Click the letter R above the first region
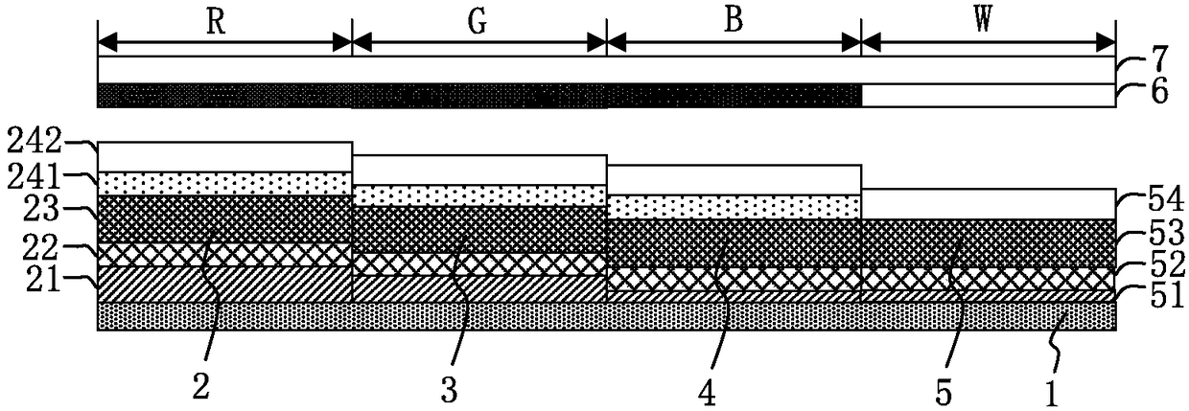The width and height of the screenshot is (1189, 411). click(216, 23)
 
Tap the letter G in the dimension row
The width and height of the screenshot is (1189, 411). click(478, 23)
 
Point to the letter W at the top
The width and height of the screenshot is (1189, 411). click(983, 21)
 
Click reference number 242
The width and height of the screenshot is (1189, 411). click(35, 142)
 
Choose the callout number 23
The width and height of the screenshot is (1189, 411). click(41, 210)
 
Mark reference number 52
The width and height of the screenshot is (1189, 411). click(1166, 264)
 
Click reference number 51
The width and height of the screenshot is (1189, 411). click(1167, 295)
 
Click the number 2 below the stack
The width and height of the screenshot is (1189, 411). click(200, 389)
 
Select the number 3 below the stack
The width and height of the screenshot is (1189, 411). click(449, 392)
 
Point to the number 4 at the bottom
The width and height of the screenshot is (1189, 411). click(707, 394)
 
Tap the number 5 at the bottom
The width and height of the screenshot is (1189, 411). click(944, 395)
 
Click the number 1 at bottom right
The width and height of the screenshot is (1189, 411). click(1052, 395)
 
